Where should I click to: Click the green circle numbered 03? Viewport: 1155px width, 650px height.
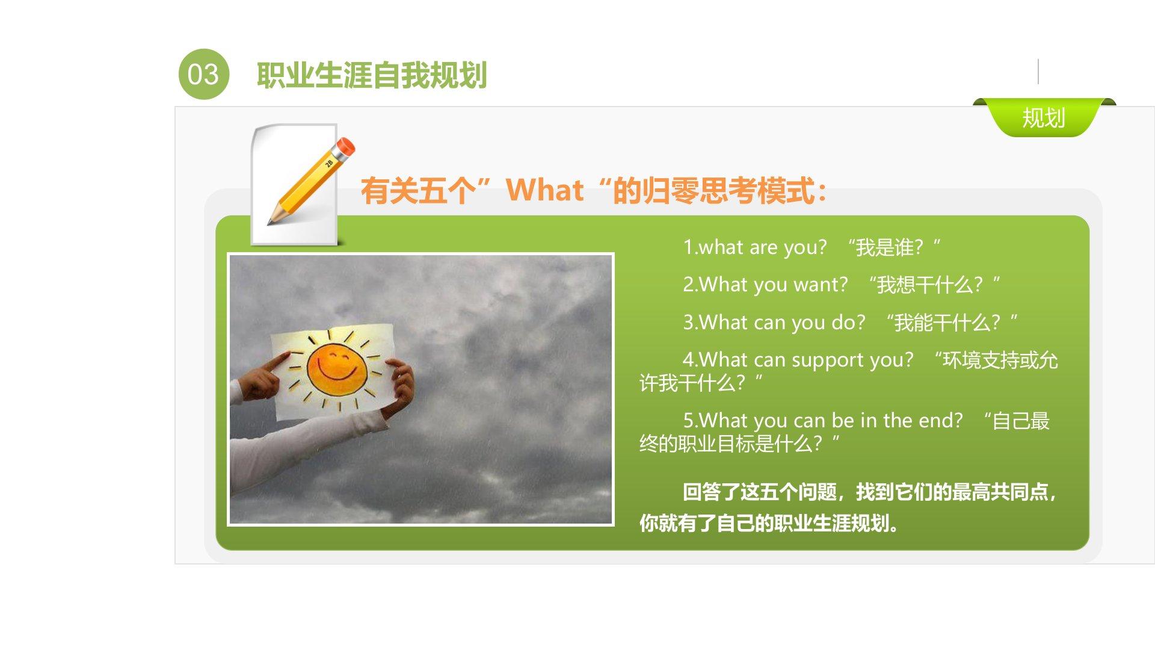click(204, 74)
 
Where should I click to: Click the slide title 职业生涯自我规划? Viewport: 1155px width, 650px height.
click(372, 75)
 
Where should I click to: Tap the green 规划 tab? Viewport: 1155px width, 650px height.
click(1044, 117)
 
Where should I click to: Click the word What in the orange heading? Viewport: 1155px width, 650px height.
click(544, 190)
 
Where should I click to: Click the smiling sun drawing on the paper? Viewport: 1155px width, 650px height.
click(336, 367)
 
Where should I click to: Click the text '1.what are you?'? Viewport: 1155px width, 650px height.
click(755, 247)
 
